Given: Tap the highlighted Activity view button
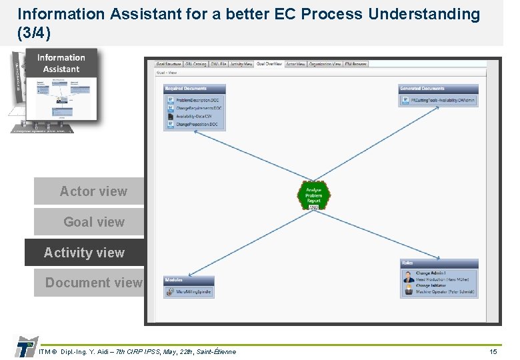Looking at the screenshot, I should point(85,253).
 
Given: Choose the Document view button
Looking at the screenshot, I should point(93,283).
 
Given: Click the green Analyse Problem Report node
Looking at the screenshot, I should point(313,195).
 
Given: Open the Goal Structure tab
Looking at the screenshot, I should point(169,64).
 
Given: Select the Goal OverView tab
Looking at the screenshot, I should point(269,64).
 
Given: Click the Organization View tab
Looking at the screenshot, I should point(325,64).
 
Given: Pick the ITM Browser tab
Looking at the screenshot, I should point(356,64).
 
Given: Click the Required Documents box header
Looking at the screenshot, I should point(195,88).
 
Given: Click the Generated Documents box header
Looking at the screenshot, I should point(439,88).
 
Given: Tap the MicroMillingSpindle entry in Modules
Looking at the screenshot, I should point(193,291).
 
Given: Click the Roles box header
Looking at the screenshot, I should point(439,263).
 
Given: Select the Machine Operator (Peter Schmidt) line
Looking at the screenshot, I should point(445,292).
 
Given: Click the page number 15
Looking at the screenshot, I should point(493,351).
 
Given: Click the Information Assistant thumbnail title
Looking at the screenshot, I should point(61,63).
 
